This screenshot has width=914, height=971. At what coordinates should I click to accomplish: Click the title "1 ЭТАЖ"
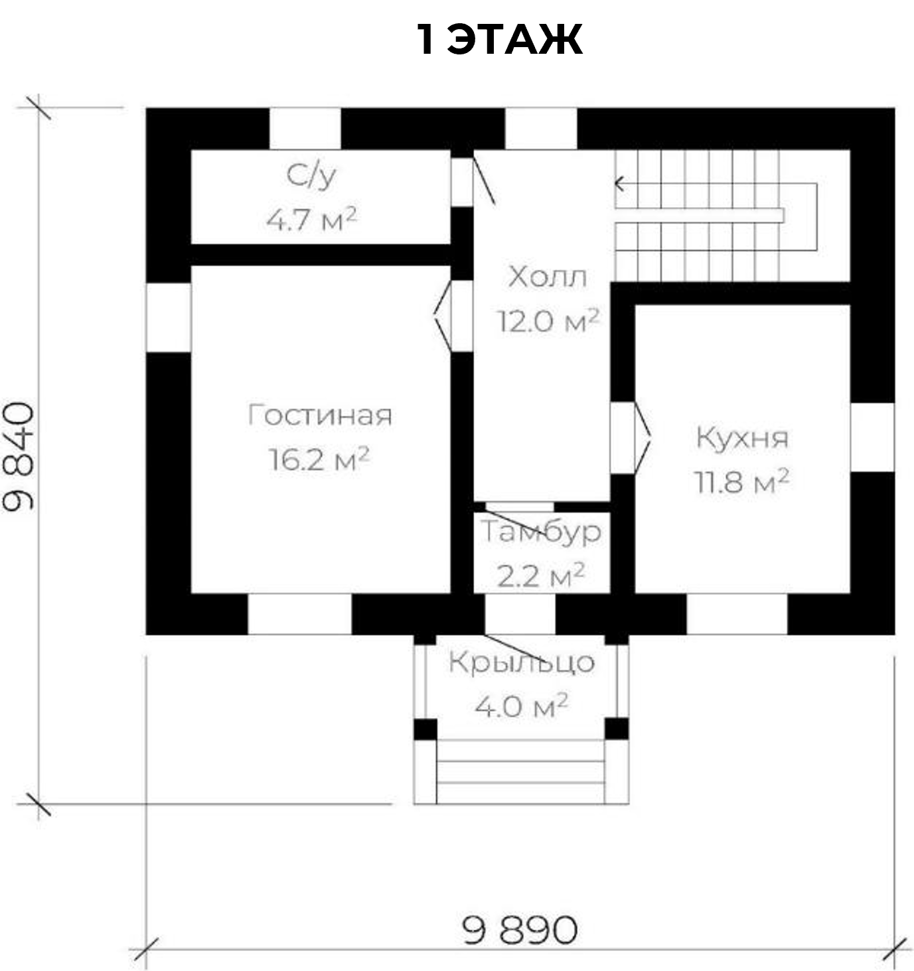tap(499, 40)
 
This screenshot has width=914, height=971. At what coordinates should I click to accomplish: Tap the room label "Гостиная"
tap(320, 415)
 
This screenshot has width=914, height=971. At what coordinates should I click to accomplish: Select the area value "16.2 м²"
tap(319, 459)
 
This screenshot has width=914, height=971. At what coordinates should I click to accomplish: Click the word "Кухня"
tap(742, 438)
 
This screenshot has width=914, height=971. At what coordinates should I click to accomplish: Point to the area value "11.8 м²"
tap(742, 481)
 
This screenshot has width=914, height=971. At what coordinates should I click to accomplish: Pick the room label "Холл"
tap(547, 277)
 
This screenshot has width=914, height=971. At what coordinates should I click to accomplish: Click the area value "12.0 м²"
tap(548, 321)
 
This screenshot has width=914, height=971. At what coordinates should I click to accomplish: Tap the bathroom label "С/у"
tap(311, 176)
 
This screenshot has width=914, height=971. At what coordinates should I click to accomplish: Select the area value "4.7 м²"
tap(311, 219)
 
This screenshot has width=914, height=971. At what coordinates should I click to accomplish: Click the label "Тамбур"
tap(541, 532)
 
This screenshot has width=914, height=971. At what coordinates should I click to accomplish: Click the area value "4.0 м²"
tap(521, 706)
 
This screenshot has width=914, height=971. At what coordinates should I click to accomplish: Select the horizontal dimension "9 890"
tap(520, 931)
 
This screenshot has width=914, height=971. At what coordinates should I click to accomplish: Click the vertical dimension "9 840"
tap(18, 456)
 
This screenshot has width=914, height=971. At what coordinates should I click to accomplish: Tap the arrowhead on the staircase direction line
tap(619, 184)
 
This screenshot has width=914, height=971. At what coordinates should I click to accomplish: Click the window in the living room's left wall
tap(168, 317)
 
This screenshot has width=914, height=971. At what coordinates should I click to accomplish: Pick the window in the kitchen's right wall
tap(872, 437)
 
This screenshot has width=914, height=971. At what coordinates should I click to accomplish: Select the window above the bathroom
tap(305, 129)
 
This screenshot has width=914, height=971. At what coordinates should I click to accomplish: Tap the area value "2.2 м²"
tap(541, 575)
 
